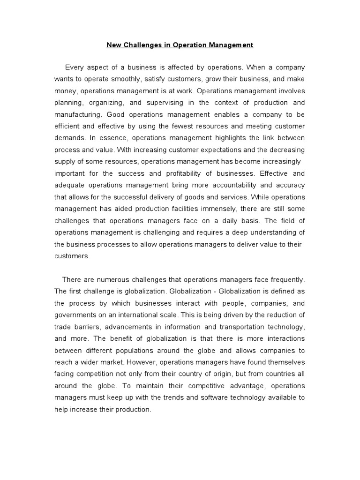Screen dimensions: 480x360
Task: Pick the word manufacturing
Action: click(x=78, y=114)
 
